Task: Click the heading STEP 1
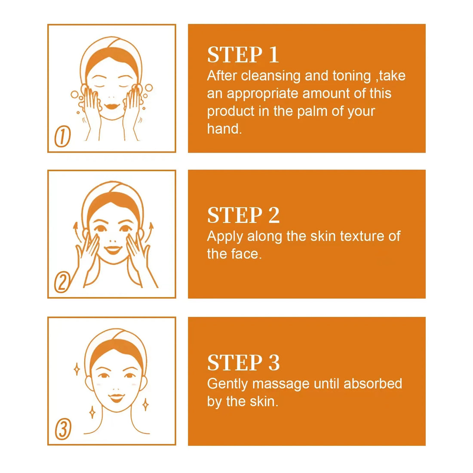[x=243, y=55]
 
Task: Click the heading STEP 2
[x=243, y=215]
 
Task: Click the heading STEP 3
[x=243, y=363]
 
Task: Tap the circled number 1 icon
[x=62, y=137]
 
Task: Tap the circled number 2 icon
[x=62, y=283]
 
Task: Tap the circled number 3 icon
[x=63, y=429]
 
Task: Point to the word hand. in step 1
[x=224, y=129]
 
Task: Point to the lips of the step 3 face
[x=116, y=397]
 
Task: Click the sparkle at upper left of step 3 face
[x=77, y=369]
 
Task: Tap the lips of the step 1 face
[x=113, y=105]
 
